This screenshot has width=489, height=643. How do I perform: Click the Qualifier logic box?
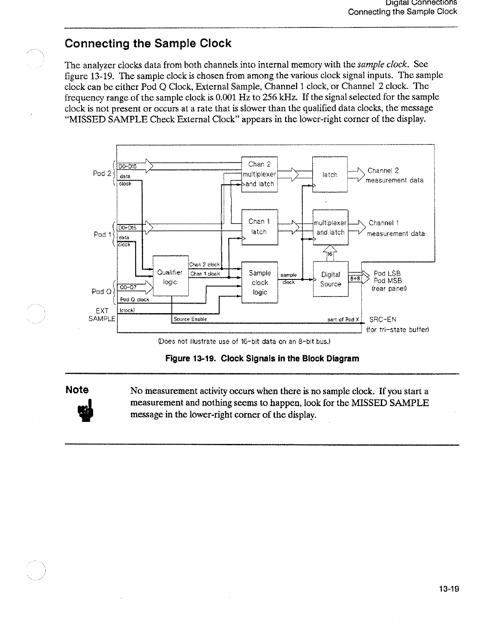click(170, 277)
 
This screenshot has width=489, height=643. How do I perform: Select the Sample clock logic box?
click(259, 282)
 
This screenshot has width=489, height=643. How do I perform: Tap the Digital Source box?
click(331, 279)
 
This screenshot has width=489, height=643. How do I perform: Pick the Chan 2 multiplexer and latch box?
click(259, 174)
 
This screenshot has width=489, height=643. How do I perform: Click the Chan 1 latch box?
click(259, 227)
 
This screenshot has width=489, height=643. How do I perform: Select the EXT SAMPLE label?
click(100, 315)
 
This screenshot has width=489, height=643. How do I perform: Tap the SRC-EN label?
click(383, 319)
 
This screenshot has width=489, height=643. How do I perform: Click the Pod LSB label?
click(387, 274)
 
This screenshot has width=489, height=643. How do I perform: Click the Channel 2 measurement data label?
click(395, 175)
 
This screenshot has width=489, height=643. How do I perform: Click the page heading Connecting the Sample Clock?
click(148, 44)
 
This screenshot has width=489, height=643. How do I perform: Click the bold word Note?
click(77, 390)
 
